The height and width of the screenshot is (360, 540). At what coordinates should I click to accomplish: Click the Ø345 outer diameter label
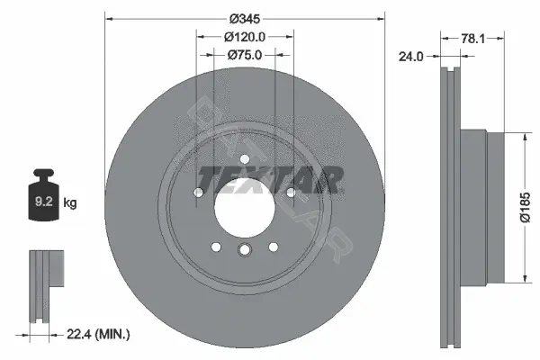[x=245, y=19]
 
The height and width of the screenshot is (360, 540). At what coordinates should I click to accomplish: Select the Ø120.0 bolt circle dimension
[x=245, y=37]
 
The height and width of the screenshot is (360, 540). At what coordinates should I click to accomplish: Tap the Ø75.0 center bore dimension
[x=245, y=55]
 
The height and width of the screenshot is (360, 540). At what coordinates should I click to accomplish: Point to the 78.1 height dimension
[x=472, y=39]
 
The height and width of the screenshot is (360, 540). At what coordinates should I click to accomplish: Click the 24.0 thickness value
[x=411, y=57]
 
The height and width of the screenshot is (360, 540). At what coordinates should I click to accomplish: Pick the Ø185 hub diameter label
[x=526, y=207]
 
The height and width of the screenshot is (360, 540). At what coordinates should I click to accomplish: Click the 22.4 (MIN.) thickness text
[x=98, y=334]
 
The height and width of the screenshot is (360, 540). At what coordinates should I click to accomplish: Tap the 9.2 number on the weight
[x=44, y=202]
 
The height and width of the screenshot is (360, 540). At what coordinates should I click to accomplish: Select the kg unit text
[x=70, y=202]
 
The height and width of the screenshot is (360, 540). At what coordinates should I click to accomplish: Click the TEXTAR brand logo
[x=270, y=180]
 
